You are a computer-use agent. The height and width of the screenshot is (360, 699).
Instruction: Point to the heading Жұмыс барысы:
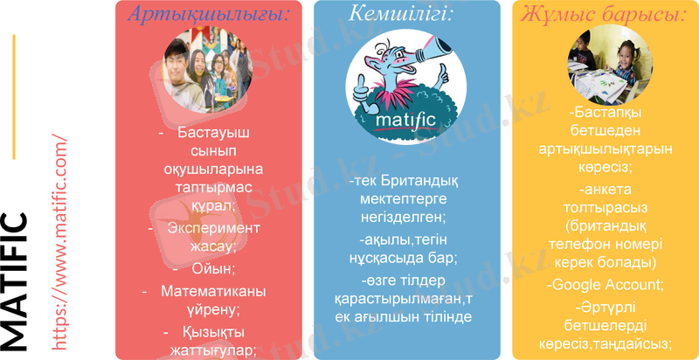603,14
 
